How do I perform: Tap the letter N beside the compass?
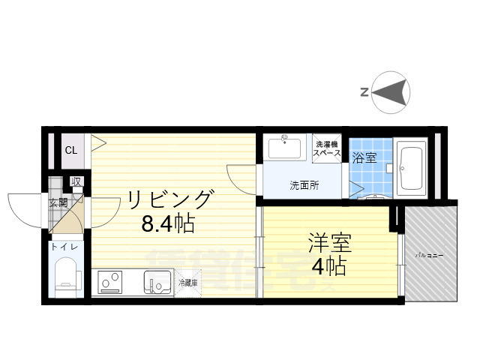point(364,92)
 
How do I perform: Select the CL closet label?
point(70,151)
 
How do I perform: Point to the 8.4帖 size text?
point(168,224)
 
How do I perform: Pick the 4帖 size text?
point(329,265)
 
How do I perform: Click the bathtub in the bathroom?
point(412,168)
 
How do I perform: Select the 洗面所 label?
point(304,185)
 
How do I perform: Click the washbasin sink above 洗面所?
point(286,148)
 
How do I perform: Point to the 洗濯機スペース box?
point(328,148)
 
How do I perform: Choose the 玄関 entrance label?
point(58,202)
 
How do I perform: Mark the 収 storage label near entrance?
point(76,181)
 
